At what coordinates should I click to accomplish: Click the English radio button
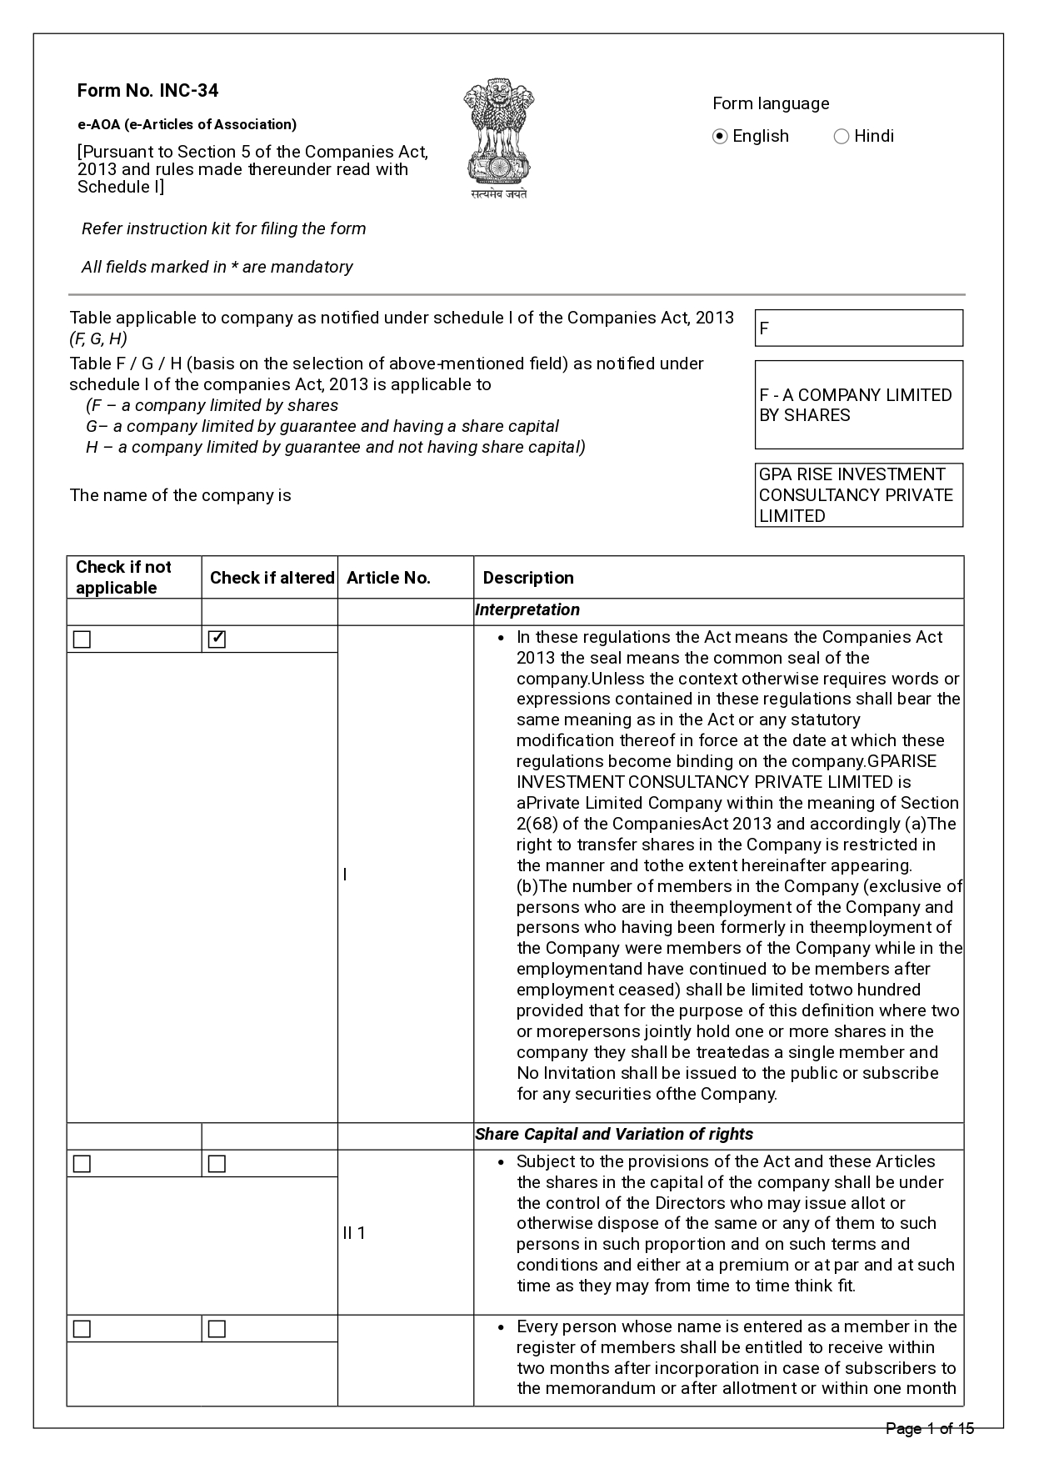pyautogui.click(x=721, y=137)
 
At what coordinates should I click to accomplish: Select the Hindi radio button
pyautogui.click(x=842, y=137)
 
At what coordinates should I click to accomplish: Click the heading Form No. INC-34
pyautogui.click(x=147, y=91)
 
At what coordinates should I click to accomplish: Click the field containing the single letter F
pyautogui.click(x=858, y=328)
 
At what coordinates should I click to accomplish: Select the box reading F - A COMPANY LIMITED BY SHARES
pyautogui.click(x=858, y=405)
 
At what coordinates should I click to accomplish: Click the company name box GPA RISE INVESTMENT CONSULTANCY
pyautogui.click(x=858, y=495)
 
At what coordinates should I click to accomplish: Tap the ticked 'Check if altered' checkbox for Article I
pyautogui.click(x=217, y=639)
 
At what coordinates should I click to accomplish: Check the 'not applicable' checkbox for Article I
pyautogui.click(x=82, y=639)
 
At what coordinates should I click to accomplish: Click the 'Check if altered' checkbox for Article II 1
pyautogui.click(x=217, y=1164)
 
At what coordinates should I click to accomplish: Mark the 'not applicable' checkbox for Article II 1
pyautogui.click(x=82, y=1164)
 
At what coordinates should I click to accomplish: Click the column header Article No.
pyautogui.click(x=388, y=578)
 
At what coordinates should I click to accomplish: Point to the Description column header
pyautogui.click(x=528, y=578)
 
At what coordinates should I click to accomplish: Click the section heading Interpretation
pyautogui.click(x=527, y=610)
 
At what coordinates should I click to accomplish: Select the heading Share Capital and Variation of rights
pyautogui.click(x=614, y=1135)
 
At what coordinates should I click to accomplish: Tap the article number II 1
pyautogui.click(x=354, y=1233)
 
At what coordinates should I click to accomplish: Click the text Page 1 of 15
pyautogui.click(x=929, y=1429)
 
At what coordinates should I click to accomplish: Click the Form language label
pyautogui.click(x=771, y=104)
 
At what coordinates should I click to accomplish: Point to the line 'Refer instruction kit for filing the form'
pyautogui.click(x=223, y=229)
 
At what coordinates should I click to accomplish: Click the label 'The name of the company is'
pyautogui.click(x=181, y=496)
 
